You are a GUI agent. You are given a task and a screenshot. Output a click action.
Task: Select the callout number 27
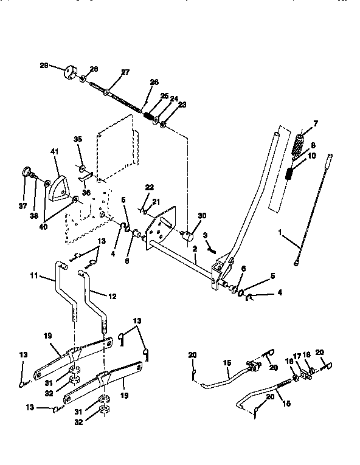(125, 72)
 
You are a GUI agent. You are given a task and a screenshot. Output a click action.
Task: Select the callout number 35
(77, 139)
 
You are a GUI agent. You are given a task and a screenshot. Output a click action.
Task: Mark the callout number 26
(154, 82)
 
